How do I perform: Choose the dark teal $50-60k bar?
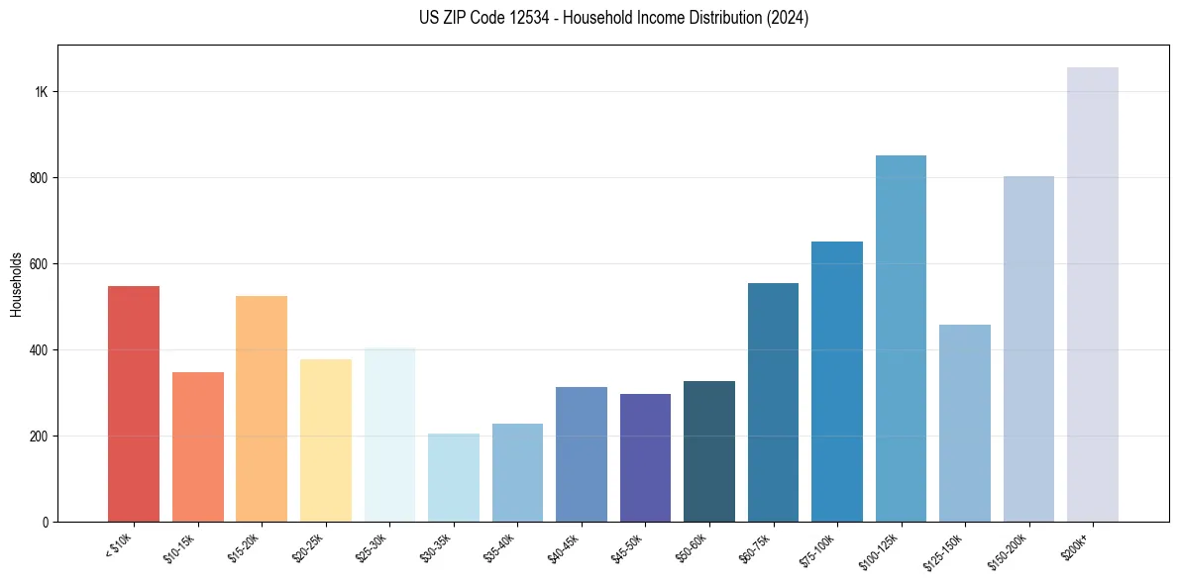click(709, 451)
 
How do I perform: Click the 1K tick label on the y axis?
click(42, 92)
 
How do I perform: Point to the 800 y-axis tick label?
click(40, 178)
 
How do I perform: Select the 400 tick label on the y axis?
click(40, 350)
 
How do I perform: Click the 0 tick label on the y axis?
click(46, 523)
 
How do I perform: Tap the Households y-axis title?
click(16, 284)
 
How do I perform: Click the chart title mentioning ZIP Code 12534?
click(613, 18)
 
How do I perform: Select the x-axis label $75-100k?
click(818, 548)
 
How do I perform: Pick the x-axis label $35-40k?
click(500, 546)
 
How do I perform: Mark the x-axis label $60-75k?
click(755, 546)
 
